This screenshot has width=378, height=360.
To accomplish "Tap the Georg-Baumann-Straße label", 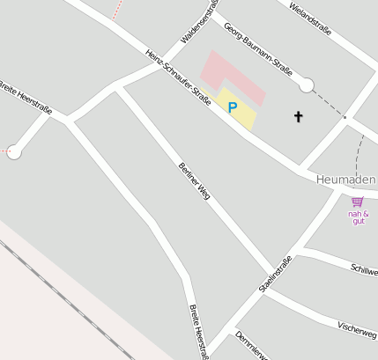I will [257, 50].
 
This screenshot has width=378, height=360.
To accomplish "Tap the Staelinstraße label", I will [276, 274].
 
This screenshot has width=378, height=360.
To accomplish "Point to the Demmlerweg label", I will [250, 347].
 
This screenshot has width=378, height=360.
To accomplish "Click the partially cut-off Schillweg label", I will [364, 269].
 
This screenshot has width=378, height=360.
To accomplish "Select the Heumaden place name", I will [345, 180].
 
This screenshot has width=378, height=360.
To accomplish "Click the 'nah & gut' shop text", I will [358, 217].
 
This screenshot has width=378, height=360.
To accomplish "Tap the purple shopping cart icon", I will [357, 202].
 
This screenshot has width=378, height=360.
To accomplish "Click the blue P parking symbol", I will [233, 107].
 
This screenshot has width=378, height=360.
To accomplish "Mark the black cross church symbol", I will [298, 116].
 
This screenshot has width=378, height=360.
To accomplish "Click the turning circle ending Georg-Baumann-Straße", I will [306, 84].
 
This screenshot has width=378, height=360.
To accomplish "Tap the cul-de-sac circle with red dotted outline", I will [14, 151].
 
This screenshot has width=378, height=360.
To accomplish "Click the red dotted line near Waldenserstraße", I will [116, 10].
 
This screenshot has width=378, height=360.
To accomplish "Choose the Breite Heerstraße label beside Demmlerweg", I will [198, 332].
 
